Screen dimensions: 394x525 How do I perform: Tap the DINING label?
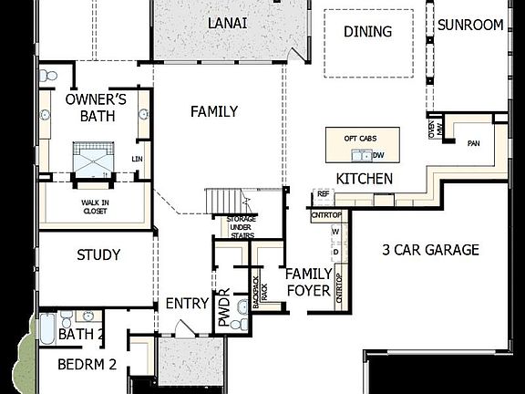[x=367, y=32]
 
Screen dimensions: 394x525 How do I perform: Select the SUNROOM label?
[x=469, y=25]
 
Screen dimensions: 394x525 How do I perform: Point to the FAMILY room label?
[x=214, y=111]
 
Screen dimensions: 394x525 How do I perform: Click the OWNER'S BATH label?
[x=95, y=108]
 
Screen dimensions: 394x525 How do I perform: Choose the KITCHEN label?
[x=365, y=179]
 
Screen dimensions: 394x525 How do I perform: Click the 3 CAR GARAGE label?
[x=430, y=249]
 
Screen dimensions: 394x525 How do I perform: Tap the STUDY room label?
[x=98, y=255]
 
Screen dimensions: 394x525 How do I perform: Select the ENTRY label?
[x=187, y=305]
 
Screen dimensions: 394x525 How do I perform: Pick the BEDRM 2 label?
[x=87, y=364]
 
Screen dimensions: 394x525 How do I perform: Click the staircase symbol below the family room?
[x=226, y=200]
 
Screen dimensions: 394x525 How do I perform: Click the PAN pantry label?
[x=473, y=143]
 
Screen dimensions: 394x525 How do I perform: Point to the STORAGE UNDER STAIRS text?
[x=242, y=226]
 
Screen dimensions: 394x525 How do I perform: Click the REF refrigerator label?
[x=323, y=193]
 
